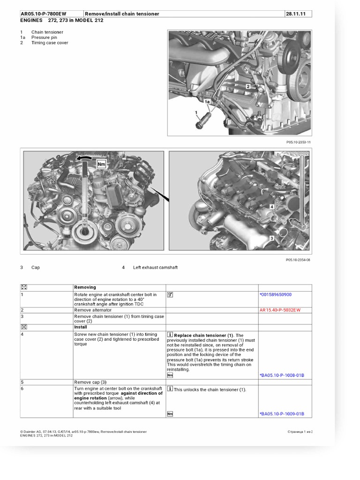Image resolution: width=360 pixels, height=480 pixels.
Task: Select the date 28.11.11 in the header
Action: (296, 14)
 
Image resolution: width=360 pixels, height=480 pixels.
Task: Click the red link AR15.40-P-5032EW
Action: (280, 310)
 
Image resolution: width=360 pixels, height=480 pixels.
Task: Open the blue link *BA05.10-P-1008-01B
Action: (282, 375)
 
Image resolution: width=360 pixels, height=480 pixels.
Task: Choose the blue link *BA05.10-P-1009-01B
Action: (282, 414)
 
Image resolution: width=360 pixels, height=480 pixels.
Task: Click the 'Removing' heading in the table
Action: (85, 287)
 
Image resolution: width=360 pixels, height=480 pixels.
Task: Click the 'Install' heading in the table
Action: (81, 327)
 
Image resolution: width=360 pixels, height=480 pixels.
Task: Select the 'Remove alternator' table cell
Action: (93, 310)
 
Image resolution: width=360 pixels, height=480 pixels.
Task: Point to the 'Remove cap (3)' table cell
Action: (90, 382)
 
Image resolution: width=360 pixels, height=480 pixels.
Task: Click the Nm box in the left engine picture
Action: (101, 164)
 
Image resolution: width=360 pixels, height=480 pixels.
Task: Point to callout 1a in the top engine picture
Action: (207, 101)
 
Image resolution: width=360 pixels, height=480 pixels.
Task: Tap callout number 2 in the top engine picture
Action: (248, 86)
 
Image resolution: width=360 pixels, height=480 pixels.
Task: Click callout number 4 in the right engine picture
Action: (272, 206)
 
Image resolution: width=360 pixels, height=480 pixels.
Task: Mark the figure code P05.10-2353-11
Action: (298, 142)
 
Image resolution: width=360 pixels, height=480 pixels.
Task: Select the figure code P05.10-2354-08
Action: (298, 260)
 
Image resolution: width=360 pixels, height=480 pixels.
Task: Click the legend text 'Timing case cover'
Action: (50, 43)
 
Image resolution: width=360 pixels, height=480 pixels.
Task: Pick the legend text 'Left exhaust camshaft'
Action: (155, 268)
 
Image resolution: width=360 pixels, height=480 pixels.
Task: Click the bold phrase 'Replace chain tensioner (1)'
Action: (203, 336)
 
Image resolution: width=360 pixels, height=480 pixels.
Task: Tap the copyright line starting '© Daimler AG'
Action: (83, 431)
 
